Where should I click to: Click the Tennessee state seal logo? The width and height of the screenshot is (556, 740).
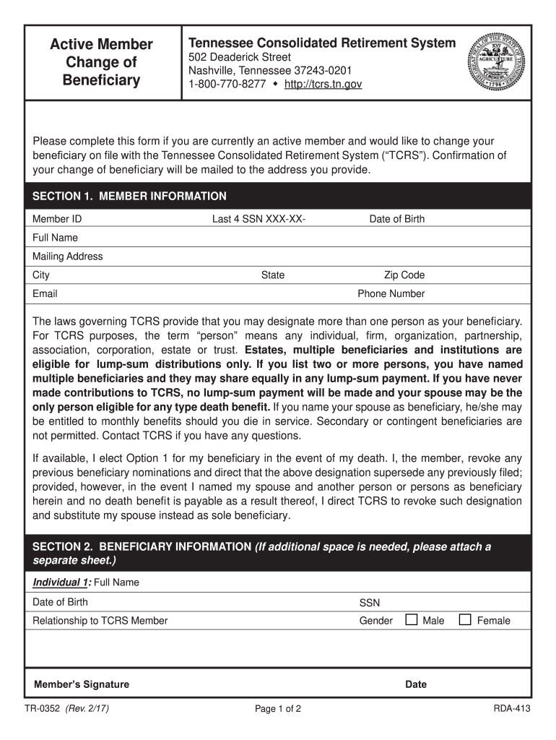(498, 61)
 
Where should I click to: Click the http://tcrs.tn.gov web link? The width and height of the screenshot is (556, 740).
(323, 85)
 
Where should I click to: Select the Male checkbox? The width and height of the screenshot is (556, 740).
(412, 619)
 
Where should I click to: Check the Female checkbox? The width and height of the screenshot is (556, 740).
(465, 619)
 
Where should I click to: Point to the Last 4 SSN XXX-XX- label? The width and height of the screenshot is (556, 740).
(259, 219)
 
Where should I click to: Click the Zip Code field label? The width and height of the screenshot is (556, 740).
(404, 275)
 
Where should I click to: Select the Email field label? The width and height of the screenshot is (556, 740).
(45, 294)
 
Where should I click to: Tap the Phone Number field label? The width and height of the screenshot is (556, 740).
(391, 294)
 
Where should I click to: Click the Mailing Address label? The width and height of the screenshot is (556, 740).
(68, 257)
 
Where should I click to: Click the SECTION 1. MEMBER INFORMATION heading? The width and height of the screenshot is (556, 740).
(130, 197)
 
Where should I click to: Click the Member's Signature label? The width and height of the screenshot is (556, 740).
(82, 684)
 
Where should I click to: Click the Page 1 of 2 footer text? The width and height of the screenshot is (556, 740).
(278, 709)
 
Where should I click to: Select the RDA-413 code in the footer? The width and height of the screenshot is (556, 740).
(512, 709)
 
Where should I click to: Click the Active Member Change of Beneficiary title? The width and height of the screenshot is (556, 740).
(101, 62)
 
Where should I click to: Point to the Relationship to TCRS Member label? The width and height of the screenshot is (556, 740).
(100, 621)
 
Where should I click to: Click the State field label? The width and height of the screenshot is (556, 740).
(273, 275)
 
